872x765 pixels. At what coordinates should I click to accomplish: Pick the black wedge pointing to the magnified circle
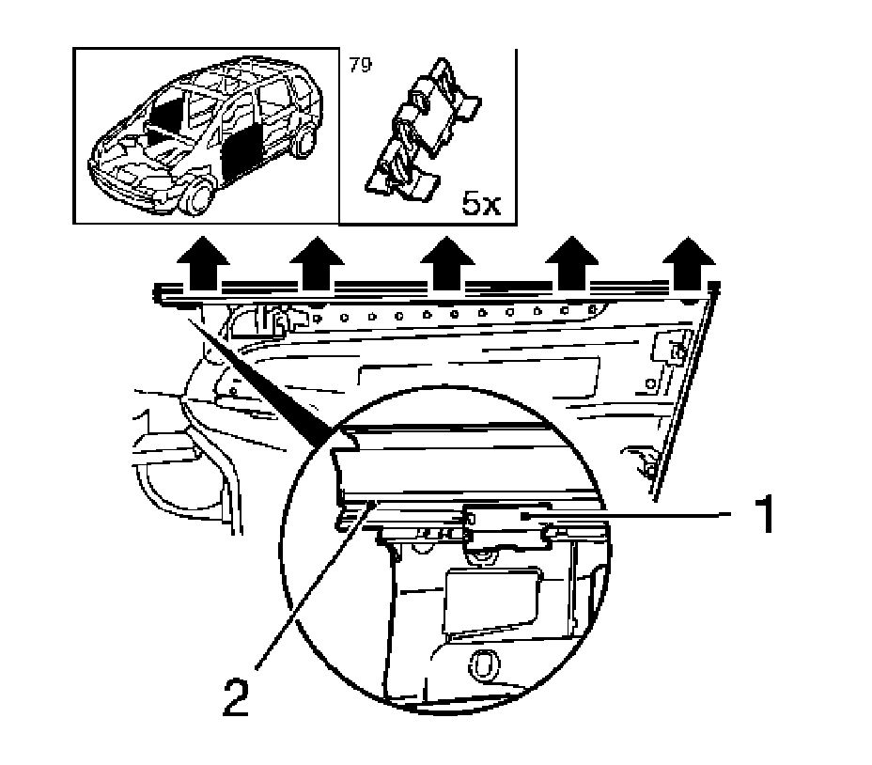[263, 385]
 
